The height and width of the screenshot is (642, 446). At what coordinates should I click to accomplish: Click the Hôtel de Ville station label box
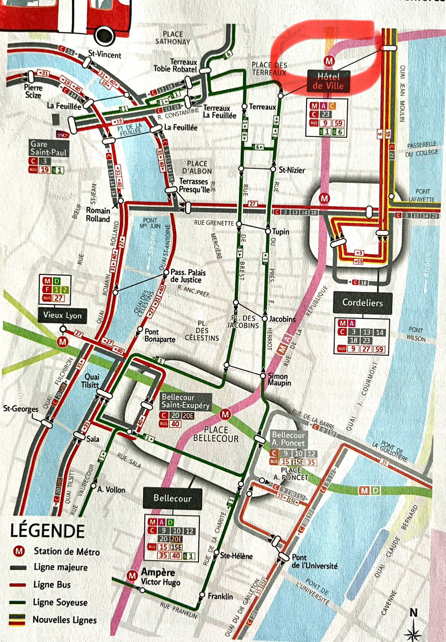(329, 81)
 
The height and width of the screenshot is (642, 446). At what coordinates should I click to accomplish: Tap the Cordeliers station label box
(362, 303)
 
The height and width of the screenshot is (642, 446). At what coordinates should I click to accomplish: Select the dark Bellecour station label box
(173, 498)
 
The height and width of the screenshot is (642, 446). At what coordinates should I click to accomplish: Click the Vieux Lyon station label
(62, 316)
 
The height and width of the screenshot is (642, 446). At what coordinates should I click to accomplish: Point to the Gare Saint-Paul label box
(49, 148)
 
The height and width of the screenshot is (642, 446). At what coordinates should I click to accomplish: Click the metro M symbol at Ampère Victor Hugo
(132, 575)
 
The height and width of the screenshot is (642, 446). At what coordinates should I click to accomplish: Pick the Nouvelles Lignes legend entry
(64, 620)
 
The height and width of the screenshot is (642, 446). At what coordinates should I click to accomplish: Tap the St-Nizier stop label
(291, 170)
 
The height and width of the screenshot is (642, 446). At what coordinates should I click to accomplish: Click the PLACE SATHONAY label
(173, 38)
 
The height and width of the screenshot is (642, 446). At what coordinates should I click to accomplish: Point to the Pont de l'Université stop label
(314, 561)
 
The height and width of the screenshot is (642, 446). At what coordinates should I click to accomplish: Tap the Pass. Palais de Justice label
(188, 276)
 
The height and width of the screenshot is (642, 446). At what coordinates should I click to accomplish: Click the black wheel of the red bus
(105, 35)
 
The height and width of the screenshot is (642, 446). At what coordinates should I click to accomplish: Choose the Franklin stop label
(220, 596)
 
